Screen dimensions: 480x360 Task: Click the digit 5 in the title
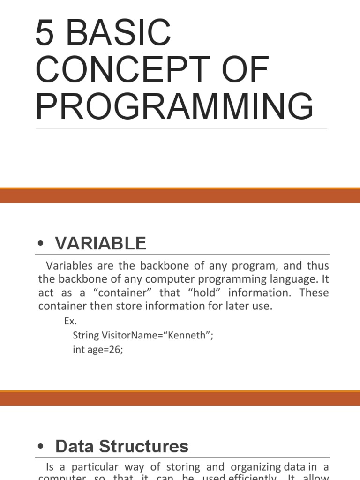45,32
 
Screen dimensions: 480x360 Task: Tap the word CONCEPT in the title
119,70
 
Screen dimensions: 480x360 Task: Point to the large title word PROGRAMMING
174,107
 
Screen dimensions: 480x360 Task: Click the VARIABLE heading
100,243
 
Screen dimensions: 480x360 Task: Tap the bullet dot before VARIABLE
41,244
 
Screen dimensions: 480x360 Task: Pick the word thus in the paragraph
318,266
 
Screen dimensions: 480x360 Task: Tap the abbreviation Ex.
70,322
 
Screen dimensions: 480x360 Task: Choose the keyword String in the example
86,335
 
